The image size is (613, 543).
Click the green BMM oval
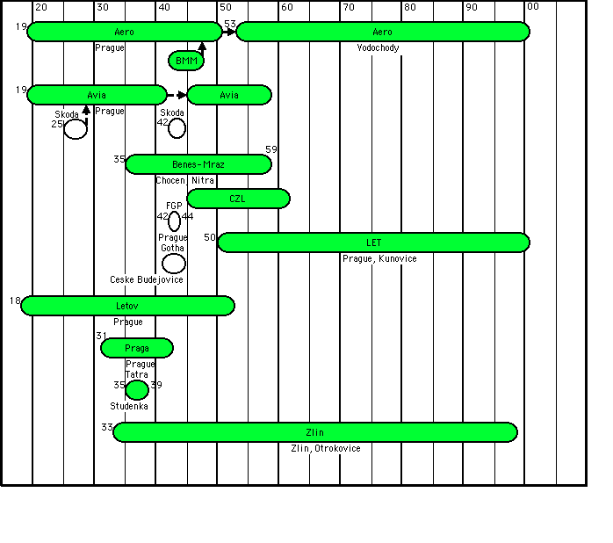pos(186,61)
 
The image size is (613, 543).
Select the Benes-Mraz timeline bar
pos(198,164)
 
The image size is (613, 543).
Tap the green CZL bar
pos(238,199)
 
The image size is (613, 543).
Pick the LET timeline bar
pos(373,242)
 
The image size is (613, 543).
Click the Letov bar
pos(127,306)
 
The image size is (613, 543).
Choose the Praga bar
pos(137,348)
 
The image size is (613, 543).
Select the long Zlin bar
pos(314,432)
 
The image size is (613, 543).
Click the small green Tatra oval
pos(137,390)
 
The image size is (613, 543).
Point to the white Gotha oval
pos(174,263)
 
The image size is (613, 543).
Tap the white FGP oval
pos(174,221)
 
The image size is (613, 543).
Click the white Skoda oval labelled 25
pos(76,128)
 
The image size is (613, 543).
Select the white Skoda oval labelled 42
pos(177,128)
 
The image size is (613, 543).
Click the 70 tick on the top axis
pos(349,7)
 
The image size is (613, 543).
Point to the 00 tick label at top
pos(533,7)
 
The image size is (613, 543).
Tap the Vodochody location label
pos(379,47)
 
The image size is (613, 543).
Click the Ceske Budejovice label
pos(147,279)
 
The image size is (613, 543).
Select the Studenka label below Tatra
pos(129,406)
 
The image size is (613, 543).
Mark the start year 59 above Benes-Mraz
pos(271,149)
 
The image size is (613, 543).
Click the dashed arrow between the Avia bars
pos(177,95)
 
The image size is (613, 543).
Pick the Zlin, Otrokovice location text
pos(326,448)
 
